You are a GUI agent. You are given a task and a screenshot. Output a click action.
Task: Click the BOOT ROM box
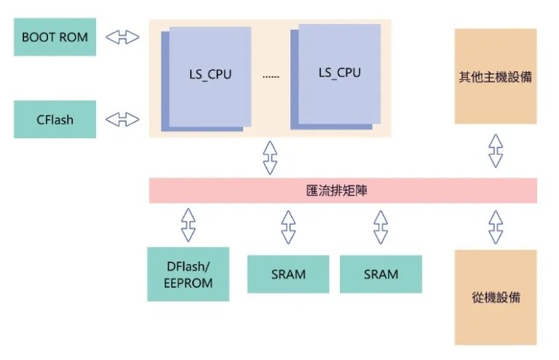tap(55, 37)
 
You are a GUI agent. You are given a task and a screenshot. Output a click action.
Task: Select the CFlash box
tap(55, 119)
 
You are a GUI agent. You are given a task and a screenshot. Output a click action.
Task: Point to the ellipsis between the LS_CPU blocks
tap(270, 76)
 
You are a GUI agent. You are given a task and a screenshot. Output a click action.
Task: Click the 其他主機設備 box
tap(495, 76)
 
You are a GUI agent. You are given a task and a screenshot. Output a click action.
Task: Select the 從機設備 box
tap(495, 297)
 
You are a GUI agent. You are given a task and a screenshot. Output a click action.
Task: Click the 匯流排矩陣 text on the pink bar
tap(342, 191)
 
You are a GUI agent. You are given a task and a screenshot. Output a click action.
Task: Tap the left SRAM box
tap(288, 274)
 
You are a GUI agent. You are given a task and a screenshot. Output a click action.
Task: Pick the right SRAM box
tap(381, 274)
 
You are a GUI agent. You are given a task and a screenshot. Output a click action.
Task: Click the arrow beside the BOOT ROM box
tap(122, 37)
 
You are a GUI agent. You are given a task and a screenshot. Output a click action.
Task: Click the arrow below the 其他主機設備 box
tap(496, 151)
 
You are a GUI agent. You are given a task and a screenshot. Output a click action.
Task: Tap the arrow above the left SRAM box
tap(288, 227)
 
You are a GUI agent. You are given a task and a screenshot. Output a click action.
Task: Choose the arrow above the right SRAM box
tap(381, 227)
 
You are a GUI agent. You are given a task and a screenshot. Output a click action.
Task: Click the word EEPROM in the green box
tap(189, 283)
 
